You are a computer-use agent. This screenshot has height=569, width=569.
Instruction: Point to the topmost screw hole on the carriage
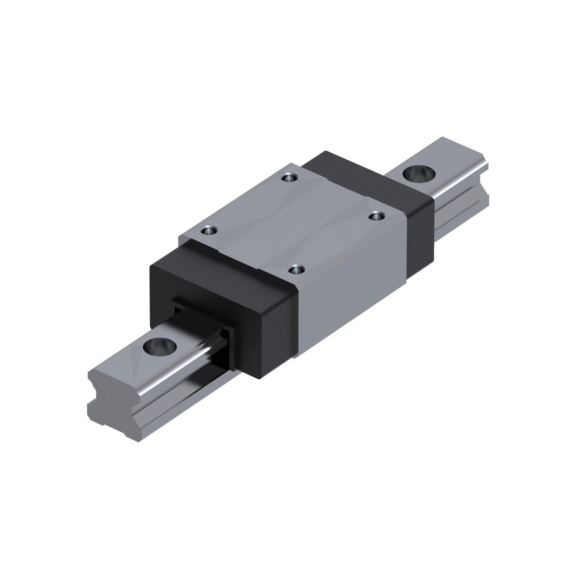pos(289,177)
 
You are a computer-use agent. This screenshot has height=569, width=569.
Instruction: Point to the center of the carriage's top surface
pos(292,224)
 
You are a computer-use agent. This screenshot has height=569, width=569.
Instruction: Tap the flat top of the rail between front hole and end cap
pos(186,334)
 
